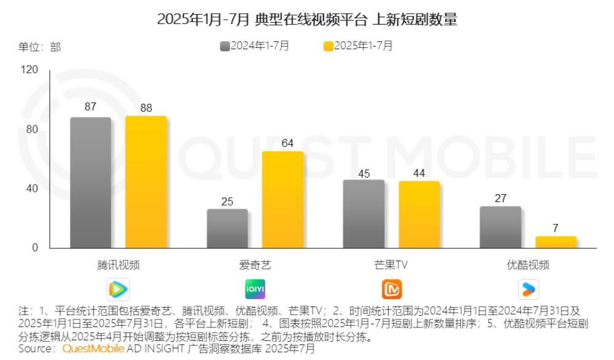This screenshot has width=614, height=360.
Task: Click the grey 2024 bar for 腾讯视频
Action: click(90, 182)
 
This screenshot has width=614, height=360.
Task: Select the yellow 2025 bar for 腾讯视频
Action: click(146, 182)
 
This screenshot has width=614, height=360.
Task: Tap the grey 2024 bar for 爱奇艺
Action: click(227, 229)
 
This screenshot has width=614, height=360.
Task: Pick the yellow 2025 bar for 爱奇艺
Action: click(282, 200)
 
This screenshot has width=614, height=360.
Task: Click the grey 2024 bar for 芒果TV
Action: click(363, 214)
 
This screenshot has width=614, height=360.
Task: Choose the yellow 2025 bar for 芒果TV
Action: click(419, 214)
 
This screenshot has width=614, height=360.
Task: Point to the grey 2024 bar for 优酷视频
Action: click(500, 227)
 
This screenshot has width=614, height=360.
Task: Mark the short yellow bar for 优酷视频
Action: click(556, 242)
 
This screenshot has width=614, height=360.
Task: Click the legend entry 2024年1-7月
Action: click(255, 45)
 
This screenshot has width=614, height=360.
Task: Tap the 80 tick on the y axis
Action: click(32, 130)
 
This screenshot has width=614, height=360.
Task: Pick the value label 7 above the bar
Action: click(556, 228)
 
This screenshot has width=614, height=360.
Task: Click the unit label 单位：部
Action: click(39, 47)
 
